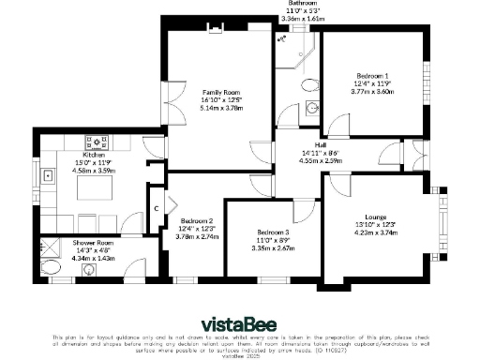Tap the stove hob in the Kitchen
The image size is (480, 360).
click(x=96, y=143)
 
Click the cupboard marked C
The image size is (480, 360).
click(x=157, y=207)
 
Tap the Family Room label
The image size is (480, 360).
click(x=221, y=92)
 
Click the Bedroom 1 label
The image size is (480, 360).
click(x=372, y=74)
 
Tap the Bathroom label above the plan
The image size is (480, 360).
click(x=302, y=4)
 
